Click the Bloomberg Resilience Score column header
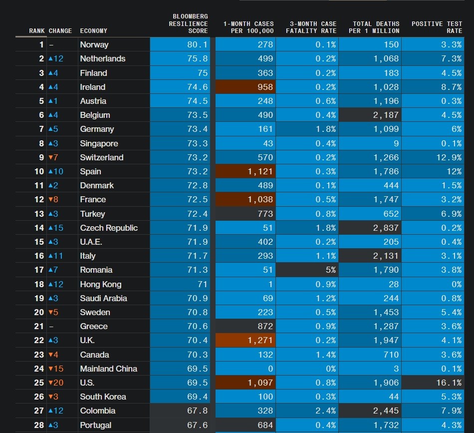[188, 23]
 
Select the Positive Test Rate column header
[437, 27]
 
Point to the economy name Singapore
[99, 143]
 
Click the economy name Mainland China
[108, 369]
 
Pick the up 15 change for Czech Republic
[55, 228]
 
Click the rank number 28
[39, 425]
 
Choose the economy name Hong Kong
[100, 284]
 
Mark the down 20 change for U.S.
[55, 383]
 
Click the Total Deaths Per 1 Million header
[374, 27]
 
